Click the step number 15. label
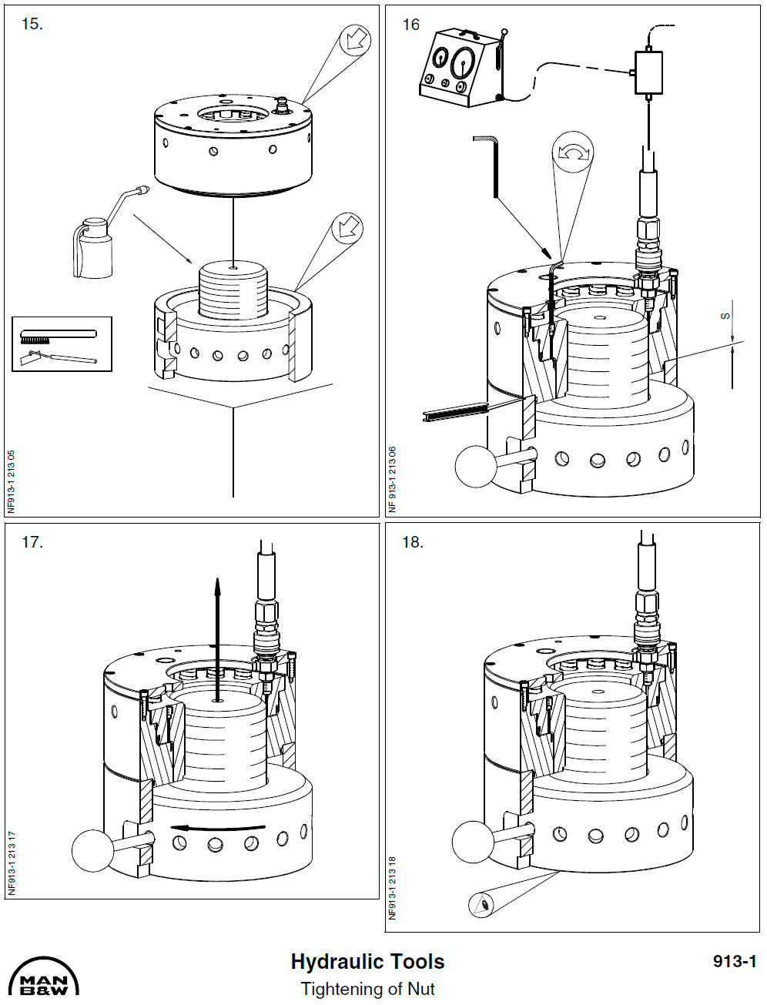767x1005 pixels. (32, 24)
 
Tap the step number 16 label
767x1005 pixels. (411, 25)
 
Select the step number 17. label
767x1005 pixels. (32, 542)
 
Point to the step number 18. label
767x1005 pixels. (413, 542)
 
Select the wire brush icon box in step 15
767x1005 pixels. (62, 344)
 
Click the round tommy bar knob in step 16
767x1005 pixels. (477, 466)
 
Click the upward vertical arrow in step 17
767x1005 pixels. (218, 639)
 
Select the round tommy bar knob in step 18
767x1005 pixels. (473, 842)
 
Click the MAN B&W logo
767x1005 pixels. (43, 977)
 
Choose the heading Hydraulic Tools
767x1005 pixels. (367, 962)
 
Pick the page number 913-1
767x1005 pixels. (735, 961)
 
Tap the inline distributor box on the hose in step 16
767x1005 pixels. (648, 72)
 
